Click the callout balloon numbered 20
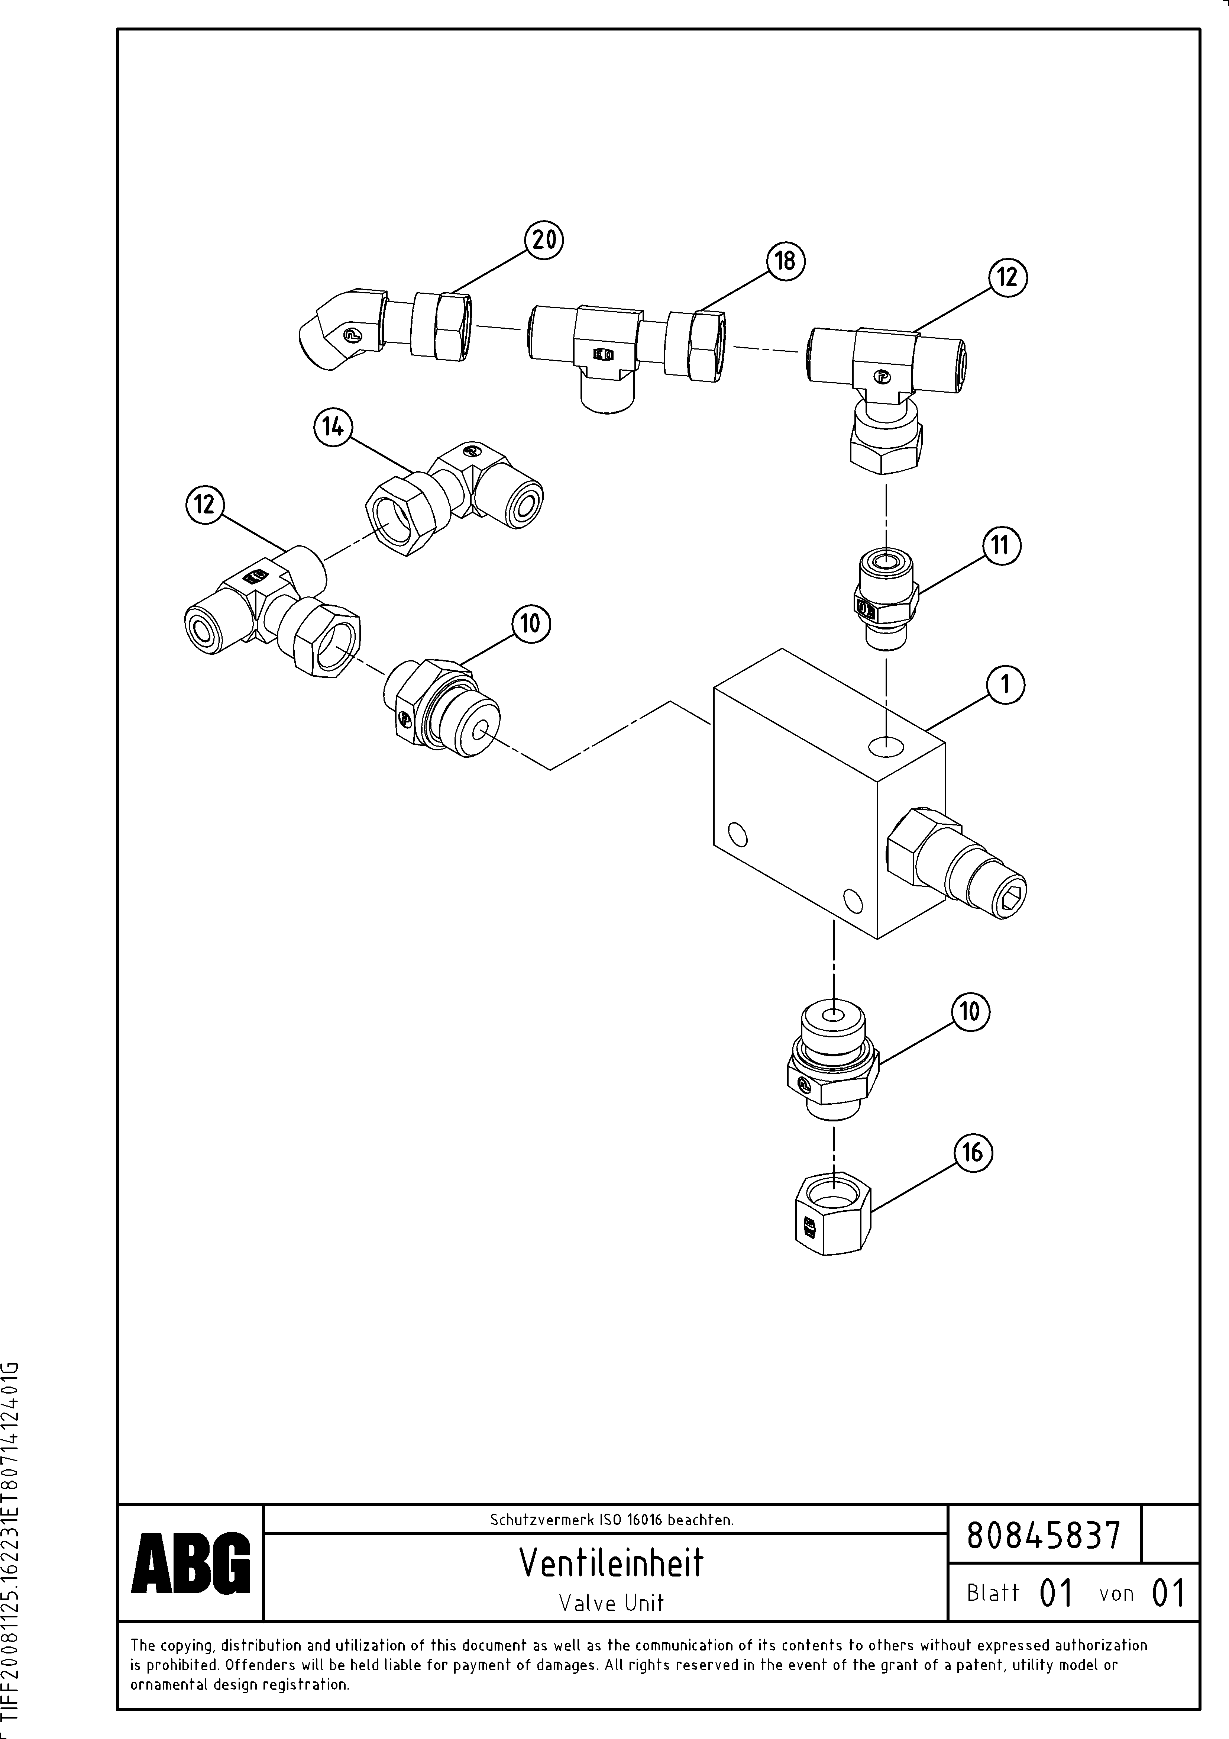click(544, 240)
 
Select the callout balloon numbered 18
click(785, 261)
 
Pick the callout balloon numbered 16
click(972, 1153)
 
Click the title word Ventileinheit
click(611, 1562)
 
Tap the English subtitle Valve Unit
click(611, 1603)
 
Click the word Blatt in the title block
click(993, 1593)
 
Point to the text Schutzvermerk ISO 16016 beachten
click(611, 1519)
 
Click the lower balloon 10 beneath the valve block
click(970, 1012)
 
